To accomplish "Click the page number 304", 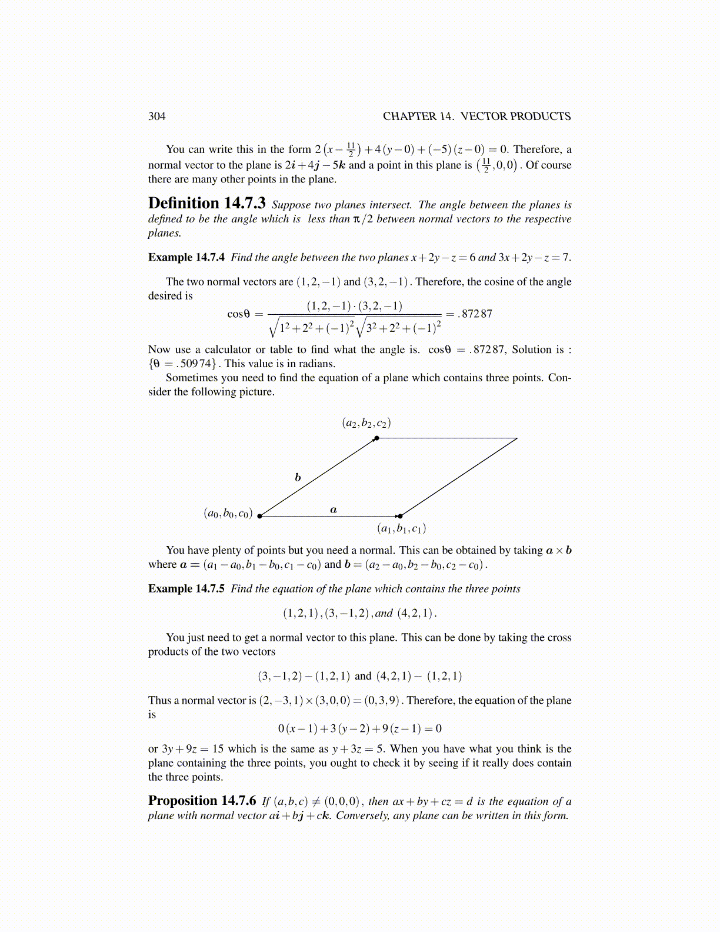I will pos(157,116).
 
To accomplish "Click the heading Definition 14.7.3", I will pos(206,204).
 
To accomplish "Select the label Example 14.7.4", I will pos(186,257).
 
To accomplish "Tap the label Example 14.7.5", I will pos(186,588).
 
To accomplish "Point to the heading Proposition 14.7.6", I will pos(202,801).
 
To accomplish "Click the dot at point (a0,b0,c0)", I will pos(259,516).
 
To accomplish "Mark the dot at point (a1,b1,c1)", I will pos(400,516).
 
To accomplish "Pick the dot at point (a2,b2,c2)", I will pos(376,438).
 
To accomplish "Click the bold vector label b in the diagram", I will pos(298,477).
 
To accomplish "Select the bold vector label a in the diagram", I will pos(334,510).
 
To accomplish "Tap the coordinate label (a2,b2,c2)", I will pos(366,423).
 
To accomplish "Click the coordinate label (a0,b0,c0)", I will pos(228,513).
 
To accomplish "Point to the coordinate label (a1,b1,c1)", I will pos(402,528).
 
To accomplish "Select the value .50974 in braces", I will pos(198,364).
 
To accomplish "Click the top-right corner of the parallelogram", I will pos(517,438).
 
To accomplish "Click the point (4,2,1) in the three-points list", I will pos(415,613).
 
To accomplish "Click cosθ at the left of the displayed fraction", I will pos(239,314).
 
